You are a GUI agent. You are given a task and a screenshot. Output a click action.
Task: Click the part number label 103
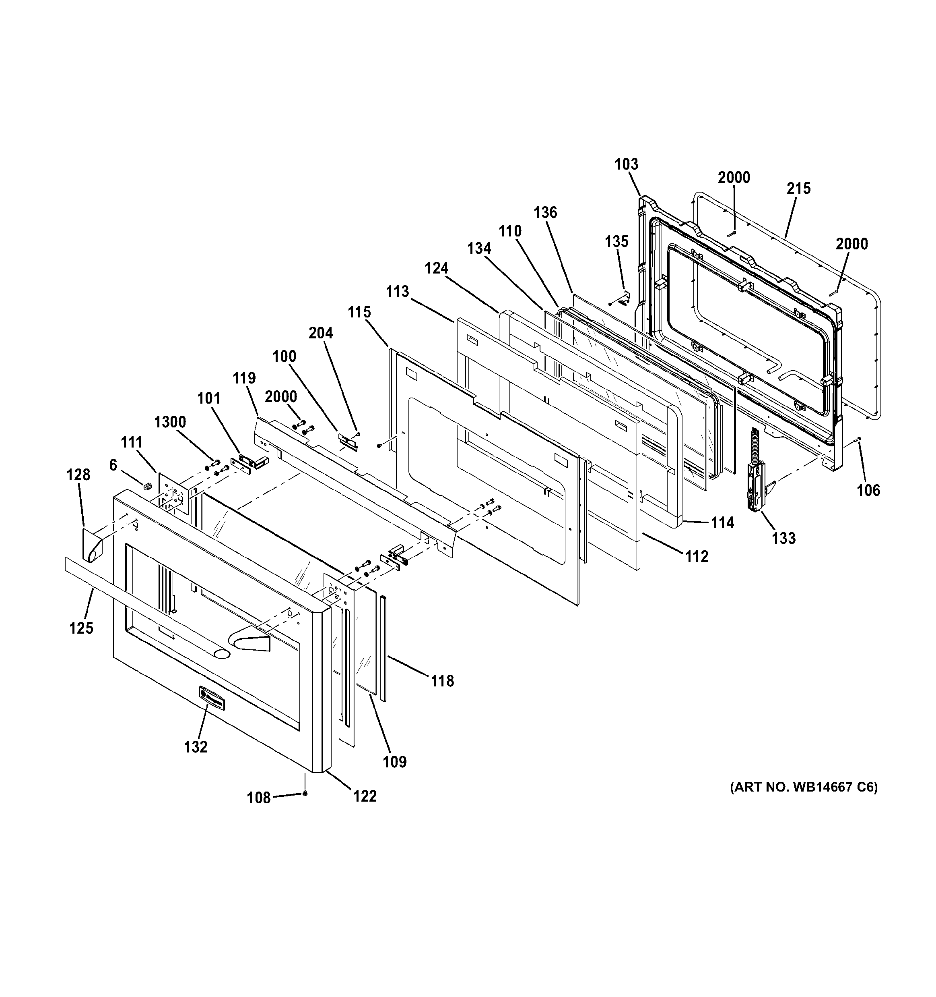pyautogui.click(x=626, y=164)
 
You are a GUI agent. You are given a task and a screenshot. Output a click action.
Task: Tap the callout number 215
pyautogui.click(x=798, y=189)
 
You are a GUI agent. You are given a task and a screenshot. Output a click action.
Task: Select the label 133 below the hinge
pyautogui.click(x=783, y=538)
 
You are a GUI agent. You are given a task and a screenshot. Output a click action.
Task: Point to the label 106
pyautogui.click(x=868, y=490)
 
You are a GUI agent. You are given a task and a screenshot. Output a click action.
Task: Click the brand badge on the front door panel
pyautogui.click(x=211, y=698)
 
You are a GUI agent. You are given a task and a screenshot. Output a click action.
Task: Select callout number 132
pyautogui.click(x=196, y=747)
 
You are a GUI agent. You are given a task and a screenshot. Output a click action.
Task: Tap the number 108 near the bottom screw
pyautogui.click(x=259, y=798)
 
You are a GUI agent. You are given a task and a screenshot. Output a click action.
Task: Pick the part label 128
pyautogui.click(x=78, y=475)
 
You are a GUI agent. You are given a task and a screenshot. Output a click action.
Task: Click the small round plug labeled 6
pyautogui.click(x=147, y=486)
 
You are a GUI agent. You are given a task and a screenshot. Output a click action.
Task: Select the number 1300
pyautogui.click(x=170, y=422)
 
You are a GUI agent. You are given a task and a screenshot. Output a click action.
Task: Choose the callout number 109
pyautogui.click(x=395, y=762)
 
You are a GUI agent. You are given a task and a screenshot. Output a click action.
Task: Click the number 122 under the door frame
pyautogui.click(x=365, y=796)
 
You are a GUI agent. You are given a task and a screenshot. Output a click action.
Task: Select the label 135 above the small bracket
pyautogui.click(x=616, y=241)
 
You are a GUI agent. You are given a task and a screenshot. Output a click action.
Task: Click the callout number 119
pyautogui.click(x=244, y=378)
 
